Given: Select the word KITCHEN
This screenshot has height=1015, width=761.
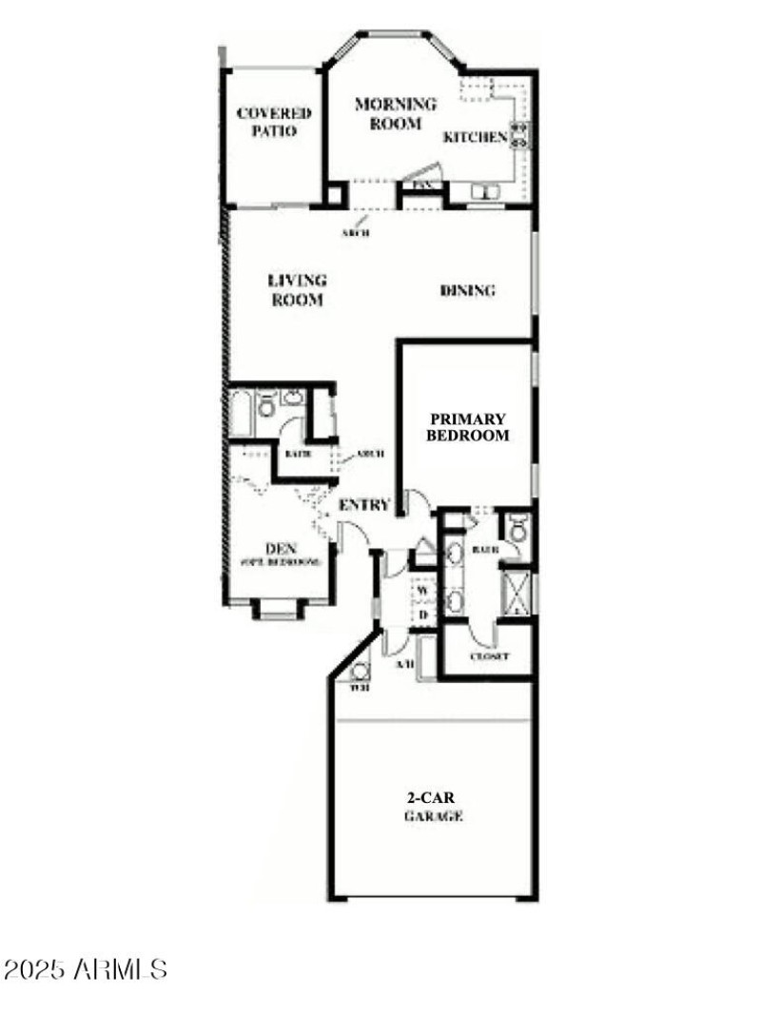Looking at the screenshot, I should click(x=475, y=137).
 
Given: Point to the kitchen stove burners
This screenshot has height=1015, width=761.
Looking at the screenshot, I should click(x=520, y=133).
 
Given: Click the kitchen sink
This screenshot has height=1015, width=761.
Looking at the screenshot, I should click(x=486, y=193).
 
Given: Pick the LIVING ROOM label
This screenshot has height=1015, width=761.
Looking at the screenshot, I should click(x=296, y=290).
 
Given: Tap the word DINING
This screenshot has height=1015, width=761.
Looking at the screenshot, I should click(x=468, y=291).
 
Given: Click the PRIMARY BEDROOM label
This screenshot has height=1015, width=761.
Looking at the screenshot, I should click(x=467, y=427).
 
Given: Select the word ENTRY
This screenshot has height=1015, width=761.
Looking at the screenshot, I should click(x=364, y=505).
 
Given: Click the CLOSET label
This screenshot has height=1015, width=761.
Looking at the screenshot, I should click(x=489, y=657).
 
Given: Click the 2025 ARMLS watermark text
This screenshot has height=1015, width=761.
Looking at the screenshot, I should click(x=86, y=970).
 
